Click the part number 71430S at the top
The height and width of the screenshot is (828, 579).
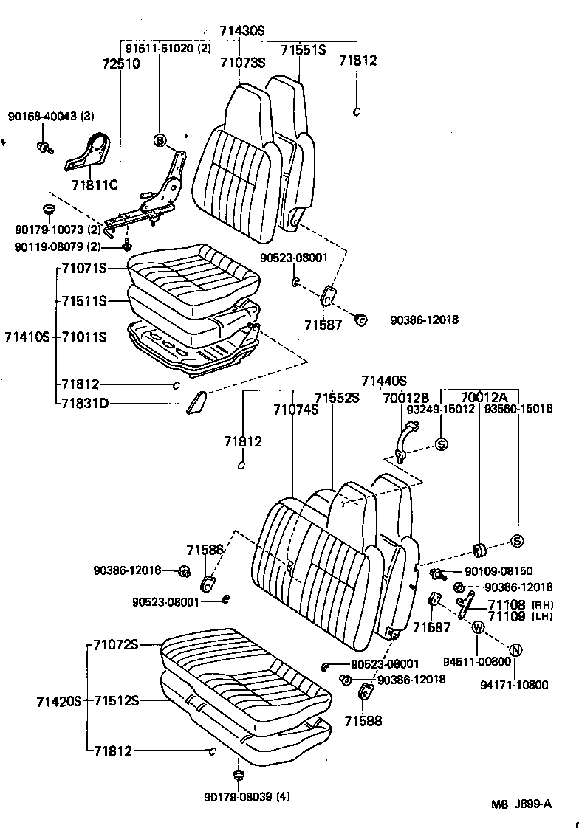[241, 31]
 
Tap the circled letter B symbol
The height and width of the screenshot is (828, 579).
[160, 140]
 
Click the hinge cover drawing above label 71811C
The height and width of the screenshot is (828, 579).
[90, 153]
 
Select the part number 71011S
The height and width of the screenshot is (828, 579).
[84, 337]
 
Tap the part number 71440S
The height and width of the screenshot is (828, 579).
[383, 381]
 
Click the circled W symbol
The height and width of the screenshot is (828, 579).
[477, 627]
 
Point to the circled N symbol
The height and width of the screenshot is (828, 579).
[516, 649]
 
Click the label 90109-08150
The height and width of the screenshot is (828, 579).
[499, 571]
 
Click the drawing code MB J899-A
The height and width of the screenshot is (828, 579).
[522, 804]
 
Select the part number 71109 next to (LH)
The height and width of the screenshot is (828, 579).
[506, 616]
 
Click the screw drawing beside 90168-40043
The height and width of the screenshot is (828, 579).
[44, 146]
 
